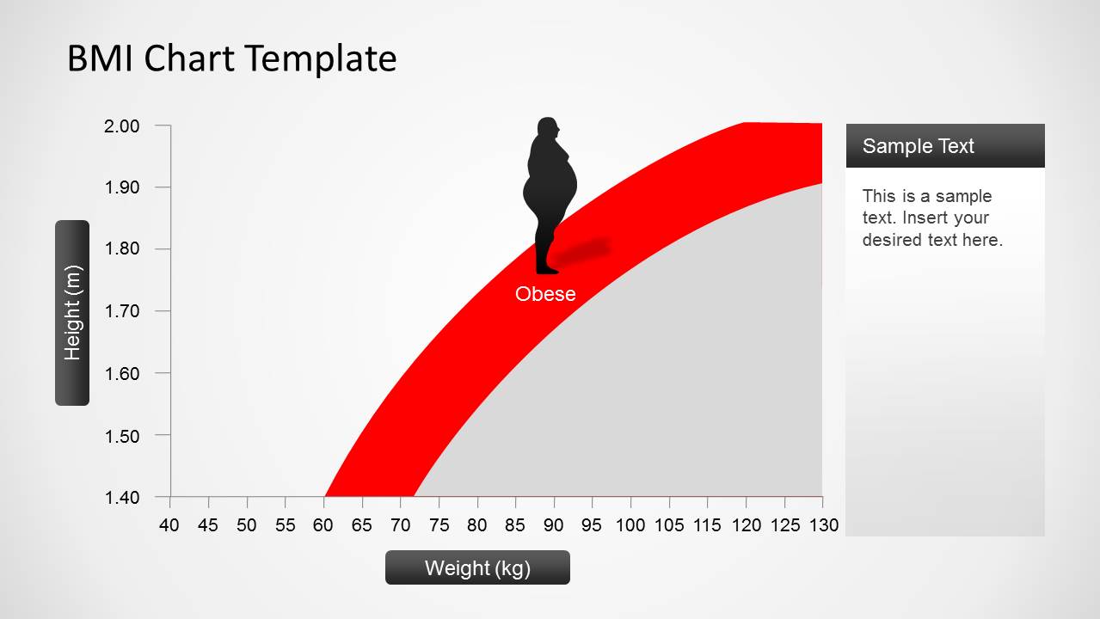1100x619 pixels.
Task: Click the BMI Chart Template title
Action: click(232, 58)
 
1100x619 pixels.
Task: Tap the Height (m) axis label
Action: click(72, 313)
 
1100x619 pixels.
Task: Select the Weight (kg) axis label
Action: click(477, 568)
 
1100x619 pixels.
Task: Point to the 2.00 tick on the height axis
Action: click(122, 126)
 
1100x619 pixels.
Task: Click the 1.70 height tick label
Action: click(122, 311)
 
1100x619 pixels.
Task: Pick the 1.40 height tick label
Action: click(122, 498)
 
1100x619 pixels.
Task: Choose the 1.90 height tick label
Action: click(122, 187)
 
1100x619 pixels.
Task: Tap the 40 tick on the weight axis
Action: click(169, 525)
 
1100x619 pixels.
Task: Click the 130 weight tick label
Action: click(824, 525)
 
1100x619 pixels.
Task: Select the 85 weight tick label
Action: click(515, 525)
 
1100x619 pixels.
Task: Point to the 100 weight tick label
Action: click(630, 525)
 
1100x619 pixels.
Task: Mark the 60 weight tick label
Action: click(323, 525)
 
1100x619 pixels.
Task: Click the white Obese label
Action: click(545, 294)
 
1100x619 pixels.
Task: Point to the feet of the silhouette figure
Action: click(547, 269)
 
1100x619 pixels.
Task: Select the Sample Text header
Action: click(919, 146)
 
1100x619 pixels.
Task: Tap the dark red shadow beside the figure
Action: click(582, 251)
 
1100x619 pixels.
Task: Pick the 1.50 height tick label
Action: click(122, 437)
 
